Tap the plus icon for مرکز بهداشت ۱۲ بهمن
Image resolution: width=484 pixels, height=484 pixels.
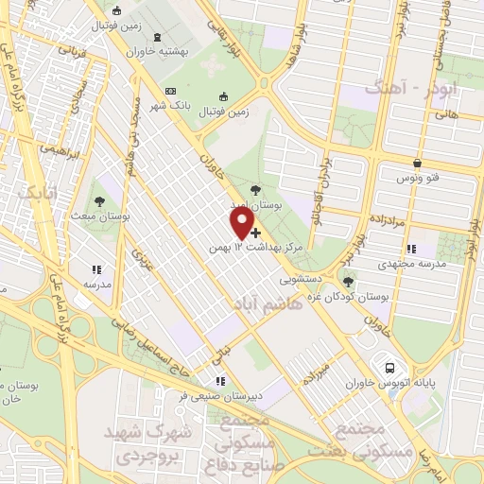255,232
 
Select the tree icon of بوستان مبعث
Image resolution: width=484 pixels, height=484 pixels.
99,200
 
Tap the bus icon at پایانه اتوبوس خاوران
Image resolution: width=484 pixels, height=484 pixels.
388,367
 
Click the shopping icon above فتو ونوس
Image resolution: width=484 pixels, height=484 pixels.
417,163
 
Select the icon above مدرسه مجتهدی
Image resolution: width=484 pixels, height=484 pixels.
411,249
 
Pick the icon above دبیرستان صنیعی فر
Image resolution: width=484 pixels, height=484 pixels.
221,381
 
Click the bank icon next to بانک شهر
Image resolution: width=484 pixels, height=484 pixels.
170,91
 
